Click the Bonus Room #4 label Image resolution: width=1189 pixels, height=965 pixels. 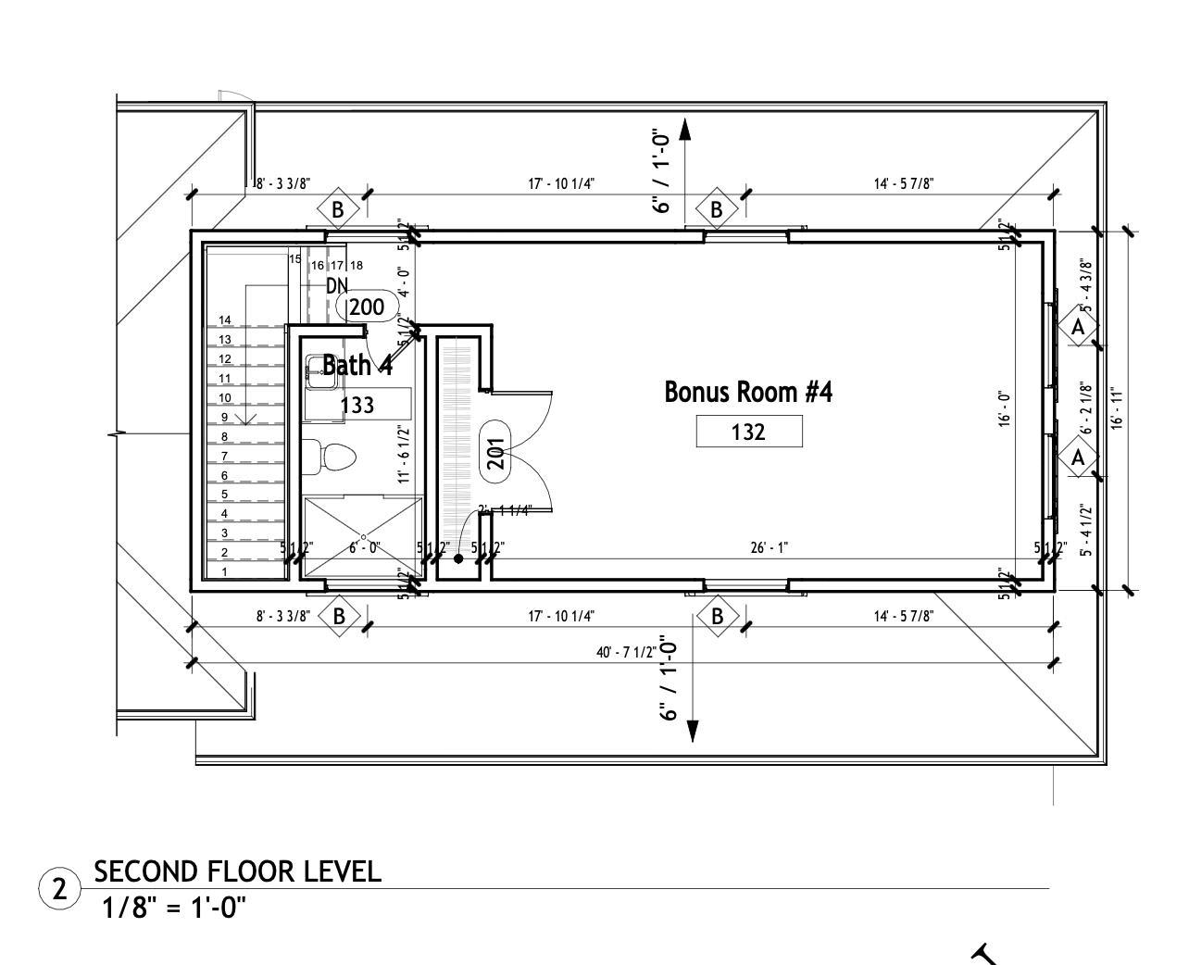[748, 392]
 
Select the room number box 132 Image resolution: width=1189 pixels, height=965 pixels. [748, 432]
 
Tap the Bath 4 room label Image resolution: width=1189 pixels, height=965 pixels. [357, 366]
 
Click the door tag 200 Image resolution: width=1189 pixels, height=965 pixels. [367, 307]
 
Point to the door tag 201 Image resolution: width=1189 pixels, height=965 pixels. [495, 452]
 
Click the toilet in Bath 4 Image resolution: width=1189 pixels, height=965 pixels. [330, 456]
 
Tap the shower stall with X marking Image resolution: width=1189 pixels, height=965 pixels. [363, 537]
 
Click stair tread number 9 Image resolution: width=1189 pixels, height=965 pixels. [224, 417]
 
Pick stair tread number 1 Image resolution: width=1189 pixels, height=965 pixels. [224, 572]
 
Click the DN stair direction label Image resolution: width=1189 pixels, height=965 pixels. [337, 286]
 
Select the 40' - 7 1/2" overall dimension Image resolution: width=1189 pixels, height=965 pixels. [626, 652]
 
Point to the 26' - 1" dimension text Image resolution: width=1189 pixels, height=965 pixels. [769, 547]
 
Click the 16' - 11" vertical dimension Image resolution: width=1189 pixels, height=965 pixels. [1117, 408]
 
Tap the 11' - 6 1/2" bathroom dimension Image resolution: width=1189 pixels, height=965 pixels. [404, 454]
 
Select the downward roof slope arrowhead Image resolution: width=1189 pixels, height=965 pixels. [692, 731]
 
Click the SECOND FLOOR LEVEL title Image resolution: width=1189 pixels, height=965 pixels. [238, 871]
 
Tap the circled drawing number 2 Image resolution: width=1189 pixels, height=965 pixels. [59, 889]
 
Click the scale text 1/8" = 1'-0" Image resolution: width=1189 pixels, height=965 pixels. [174, 907]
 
